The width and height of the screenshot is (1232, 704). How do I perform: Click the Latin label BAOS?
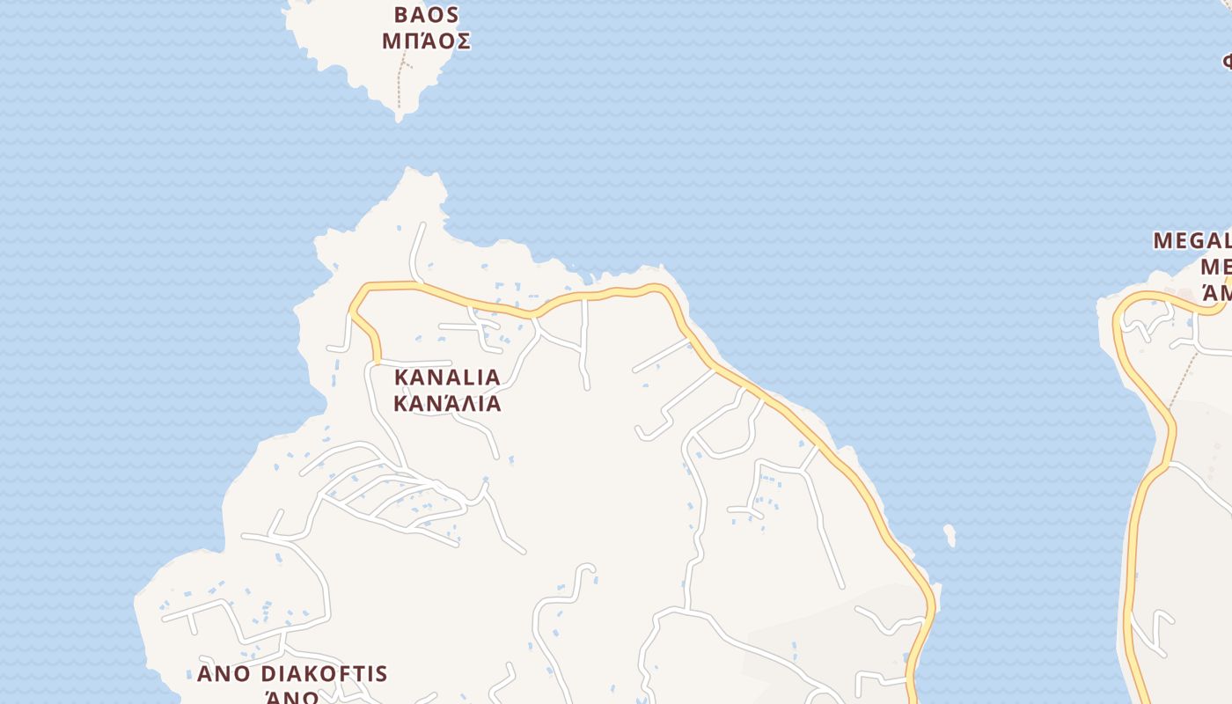(427, 15)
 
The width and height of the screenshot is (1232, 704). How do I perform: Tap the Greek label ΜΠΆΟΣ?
(427, 41)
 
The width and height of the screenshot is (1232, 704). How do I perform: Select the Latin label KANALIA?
(447, 377)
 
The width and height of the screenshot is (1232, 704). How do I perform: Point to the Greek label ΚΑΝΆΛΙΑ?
(447, 403)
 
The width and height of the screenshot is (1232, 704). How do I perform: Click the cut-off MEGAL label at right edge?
(1192, 240)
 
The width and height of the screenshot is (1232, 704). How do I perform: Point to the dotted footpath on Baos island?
(400, 84)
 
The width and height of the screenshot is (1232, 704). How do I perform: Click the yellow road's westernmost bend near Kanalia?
(352, 310)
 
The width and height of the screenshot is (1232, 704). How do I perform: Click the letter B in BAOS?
(402, 15)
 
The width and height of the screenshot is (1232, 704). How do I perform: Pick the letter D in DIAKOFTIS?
(268, 674)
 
